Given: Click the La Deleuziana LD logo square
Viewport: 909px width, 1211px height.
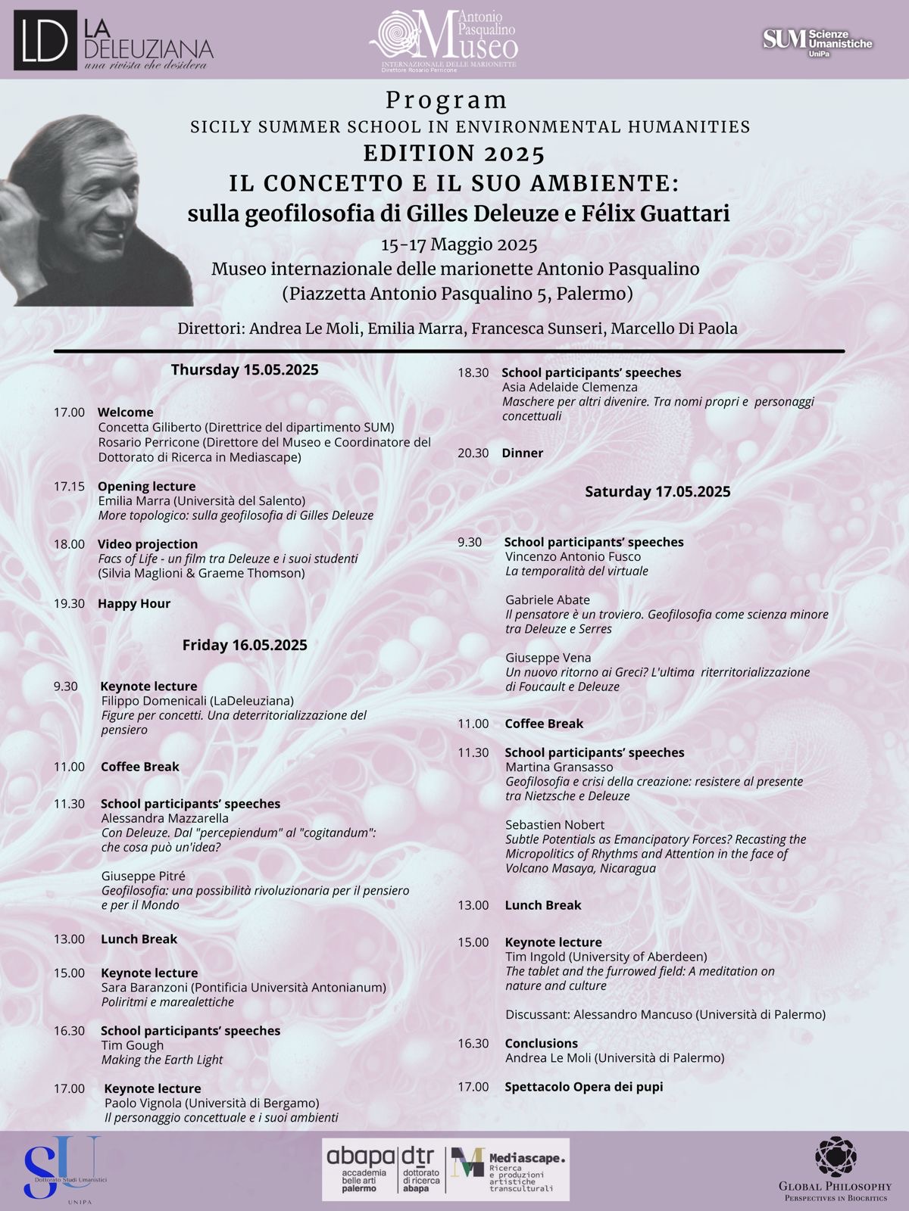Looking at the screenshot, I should pos(45,40).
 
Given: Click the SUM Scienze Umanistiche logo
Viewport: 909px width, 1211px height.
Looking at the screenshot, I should pos(817,42).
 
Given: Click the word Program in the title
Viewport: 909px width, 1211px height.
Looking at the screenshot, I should pos(446,100).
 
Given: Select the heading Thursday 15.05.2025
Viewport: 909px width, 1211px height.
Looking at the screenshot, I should pos(244,370).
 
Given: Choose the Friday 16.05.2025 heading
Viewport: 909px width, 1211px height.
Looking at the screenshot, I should pos(244,645).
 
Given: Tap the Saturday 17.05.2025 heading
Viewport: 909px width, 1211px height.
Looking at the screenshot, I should pos(658,492).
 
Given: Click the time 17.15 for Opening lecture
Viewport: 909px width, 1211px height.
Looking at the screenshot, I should pos(69,487).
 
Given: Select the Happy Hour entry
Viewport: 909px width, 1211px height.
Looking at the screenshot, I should pos(134,604).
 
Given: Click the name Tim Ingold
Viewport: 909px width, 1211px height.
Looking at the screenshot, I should pos(535,957).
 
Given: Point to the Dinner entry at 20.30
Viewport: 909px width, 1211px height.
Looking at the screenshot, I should pos(522,453).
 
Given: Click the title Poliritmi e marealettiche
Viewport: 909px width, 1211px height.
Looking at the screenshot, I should pos(167,1002).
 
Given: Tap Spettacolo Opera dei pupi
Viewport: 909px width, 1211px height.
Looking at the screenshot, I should pos(583,1087).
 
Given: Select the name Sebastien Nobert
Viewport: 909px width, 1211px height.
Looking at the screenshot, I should pos(554,825).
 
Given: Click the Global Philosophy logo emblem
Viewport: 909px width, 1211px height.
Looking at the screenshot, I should pos(835,1157).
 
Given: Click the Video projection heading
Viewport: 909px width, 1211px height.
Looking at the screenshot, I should pos(148,544).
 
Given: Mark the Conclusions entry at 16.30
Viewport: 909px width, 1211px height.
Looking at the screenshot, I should pos(541,1044).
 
